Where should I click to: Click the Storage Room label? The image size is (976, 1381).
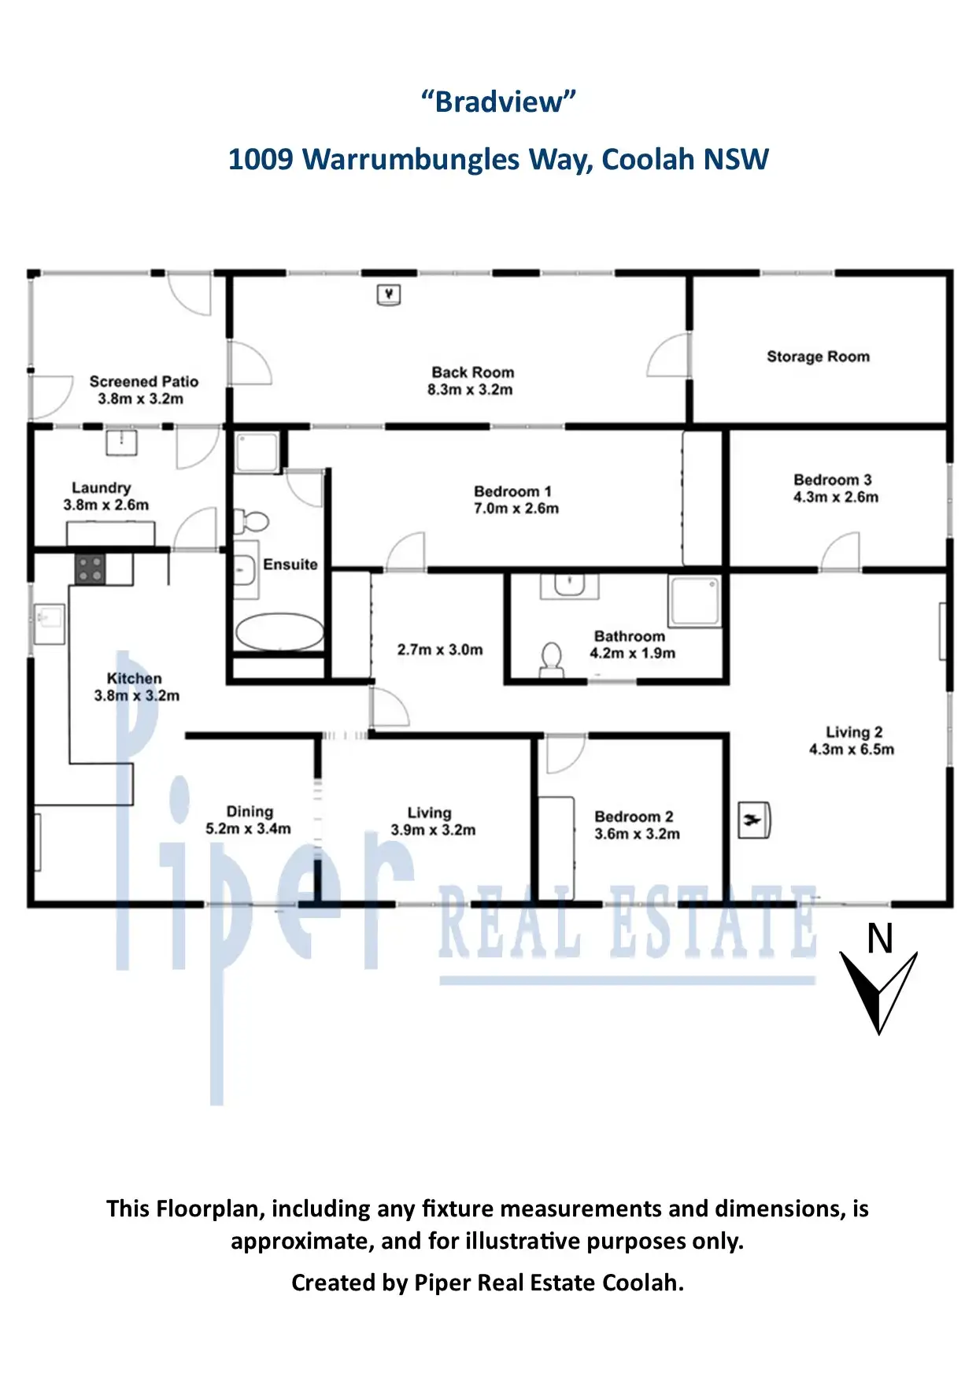(819, 357)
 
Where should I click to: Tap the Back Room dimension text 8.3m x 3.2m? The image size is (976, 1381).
(471, 390)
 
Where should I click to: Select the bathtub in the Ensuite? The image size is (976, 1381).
(279, 632)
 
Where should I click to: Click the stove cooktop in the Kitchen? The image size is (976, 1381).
(90, 569)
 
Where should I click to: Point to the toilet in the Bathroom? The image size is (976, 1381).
(552, 660)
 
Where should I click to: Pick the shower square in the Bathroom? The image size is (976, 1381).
(694, 601)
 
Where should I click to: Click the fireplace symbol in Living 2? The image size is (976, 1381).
(754, 821)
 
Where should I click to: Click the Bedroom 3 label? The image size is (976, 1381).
(833, 479)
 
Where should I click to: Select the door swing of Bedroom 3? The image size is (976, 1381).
(841, 551)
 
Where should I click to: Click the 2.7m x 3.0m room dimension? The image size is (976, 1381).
(440, 650)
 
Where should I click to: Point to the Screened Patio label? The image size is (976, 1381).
(144, 381)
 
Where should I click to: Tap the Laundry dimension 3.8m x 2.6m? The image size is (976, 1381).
(106, 505)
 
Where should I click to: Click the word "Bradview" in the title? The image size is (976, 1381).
(499, 102)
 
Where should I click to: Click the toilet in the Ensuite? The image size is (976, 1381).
(252, 521)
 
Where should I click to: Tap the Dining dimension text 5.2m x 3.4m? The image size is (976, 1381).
(248, 829)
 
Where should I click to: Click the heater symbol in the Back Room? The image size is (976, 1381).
(390, 295)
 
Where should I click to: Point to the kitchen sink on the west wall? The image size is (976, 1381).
(48, 624)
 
